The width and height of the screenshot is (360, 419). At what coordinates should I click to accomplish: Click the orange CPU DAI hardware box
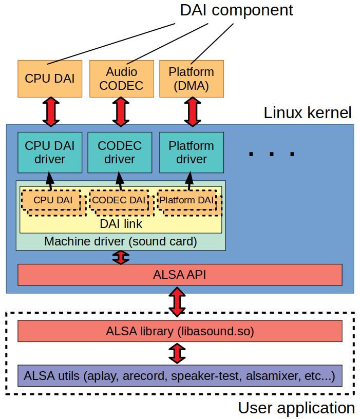click(x=50, y=79)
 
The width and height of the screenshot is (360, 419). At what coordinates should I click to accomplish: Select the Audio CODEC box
click(x=121, y=79)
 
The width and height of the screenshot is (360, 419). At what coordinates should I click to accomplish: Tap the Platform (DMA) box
click(x=191, y=79)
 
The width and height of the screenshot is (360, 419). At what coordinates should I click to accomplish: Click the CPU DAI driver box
click(x=50, y=152)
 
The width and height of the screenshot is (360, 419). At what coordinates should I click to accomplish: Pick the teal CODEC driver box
click(x=120, y=152)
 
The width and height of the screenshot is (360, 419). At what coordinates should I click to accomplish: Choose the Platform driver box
click(x=191, y=152)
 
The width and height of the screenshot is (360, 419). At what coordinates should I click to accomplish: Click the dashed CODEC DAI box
click(x=119, y=200)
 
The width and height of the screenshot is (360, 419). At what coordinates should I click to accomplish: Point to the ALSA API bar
click(x=180, y=275)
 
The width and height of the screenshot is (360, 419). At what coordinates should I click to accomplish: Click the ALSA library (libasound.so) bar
click(x=180, y=331)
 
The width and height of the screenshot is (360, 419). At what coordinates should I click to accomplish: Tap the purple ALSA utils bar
click(x=180, y=376)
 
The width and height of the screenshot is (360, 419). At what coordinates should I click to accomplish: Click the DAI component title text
click(x=236, y=10)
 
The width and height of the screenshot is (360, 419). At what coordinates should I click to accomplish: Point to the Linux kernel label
click(x=307, y=113)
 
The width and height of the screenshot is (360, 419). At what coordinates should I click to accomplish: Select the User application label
click(x=296, y=408)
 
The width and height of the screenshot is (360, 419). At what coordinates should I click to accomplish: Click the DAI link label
click(x=121, y=224)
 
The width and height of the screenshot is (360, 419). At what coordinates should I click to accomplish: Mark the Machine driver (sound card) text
click(x=121, y=241)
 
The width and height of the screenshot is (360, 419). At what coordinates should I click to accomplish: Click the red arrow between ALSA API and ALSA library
click(x=177, y=303)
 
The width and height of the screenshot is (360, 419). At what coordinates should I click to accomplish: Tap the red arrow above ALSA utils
click(x=177, y=353)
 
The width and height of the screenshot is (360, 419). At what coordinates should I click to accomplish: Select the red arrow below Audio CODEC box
click(x=121, y=111)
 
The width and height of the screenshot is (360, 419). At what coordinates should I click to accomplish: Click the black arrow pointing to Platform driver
click(x=190, y=180)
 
